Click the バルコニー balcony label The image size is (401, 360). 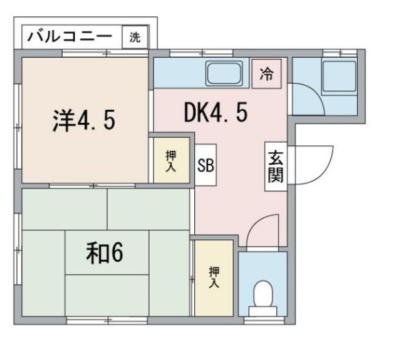pos(69,36)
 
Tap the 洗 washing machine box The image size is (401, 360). pos(135,37)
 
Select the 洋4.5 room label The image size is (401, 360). pos(83,119)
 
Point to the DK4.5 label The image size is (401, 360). pos(216,113)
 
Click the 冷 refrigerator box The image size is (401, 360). pos(266,73)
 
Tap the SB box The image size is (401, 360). pos(206,165)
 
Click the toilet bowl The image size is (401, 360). pos(264,293)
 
